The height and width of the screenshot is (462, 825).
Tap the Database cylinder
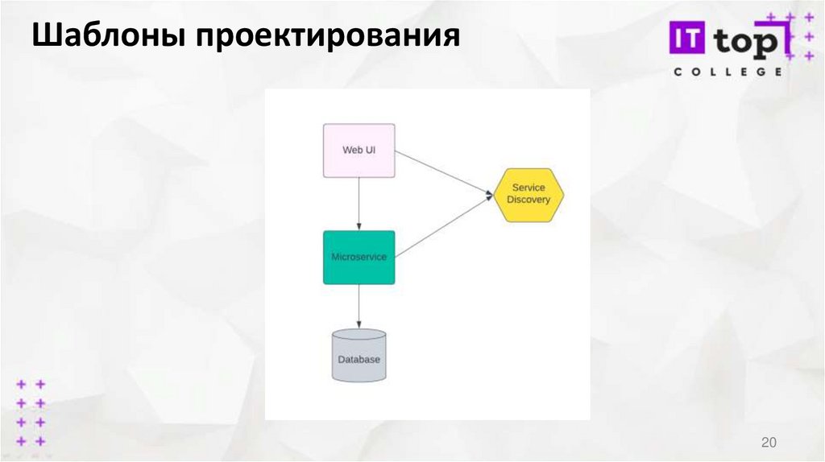(359, 355)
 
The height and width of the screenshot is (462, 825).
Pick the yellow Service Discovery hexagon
(529, 195)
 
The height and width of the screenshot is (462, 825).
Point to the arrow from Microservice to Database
(359, 306)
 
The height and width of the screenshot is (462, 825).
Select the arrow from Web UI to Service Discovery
(443, 173)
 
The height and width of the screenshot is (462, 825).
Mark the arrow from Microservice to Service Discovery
(443, 226)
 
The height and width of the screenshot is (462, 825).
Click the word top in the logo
(748, 40)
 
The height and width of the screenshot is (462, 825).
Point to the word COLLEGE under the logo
(727, 72)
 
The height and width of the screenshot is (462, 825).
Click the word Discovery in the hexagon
(529, 200)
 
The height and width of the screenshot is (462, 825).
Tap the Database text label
(359, 360)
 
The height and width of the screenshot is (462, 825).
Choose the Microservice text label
(359, 258)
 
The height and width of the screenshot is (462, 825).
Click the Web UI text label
(359, 150)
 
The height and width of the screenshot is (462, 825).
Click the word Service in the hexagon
(529, 188)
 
